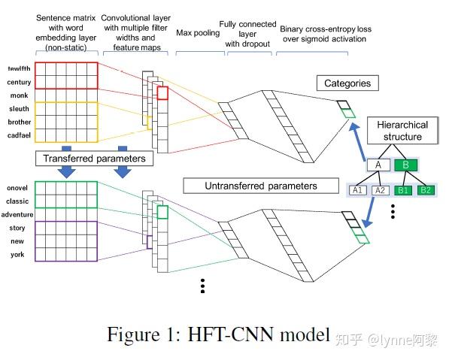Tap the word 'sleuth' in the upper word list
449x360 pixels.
click(x=18, y=108)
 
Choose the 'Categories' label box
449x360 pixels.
click(x=347, y=83)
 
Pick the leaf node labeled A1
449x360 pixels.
click(x=358, y=190)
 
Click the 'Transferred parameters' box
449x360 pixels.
click(x=95, y=159)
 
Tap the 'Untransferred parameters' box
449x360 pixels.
click(x=261, y=186)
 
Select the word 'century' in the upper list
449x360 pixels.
click(x=19, y=82)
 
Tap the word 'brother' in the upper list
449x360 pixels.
click(x=19, y=122)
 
